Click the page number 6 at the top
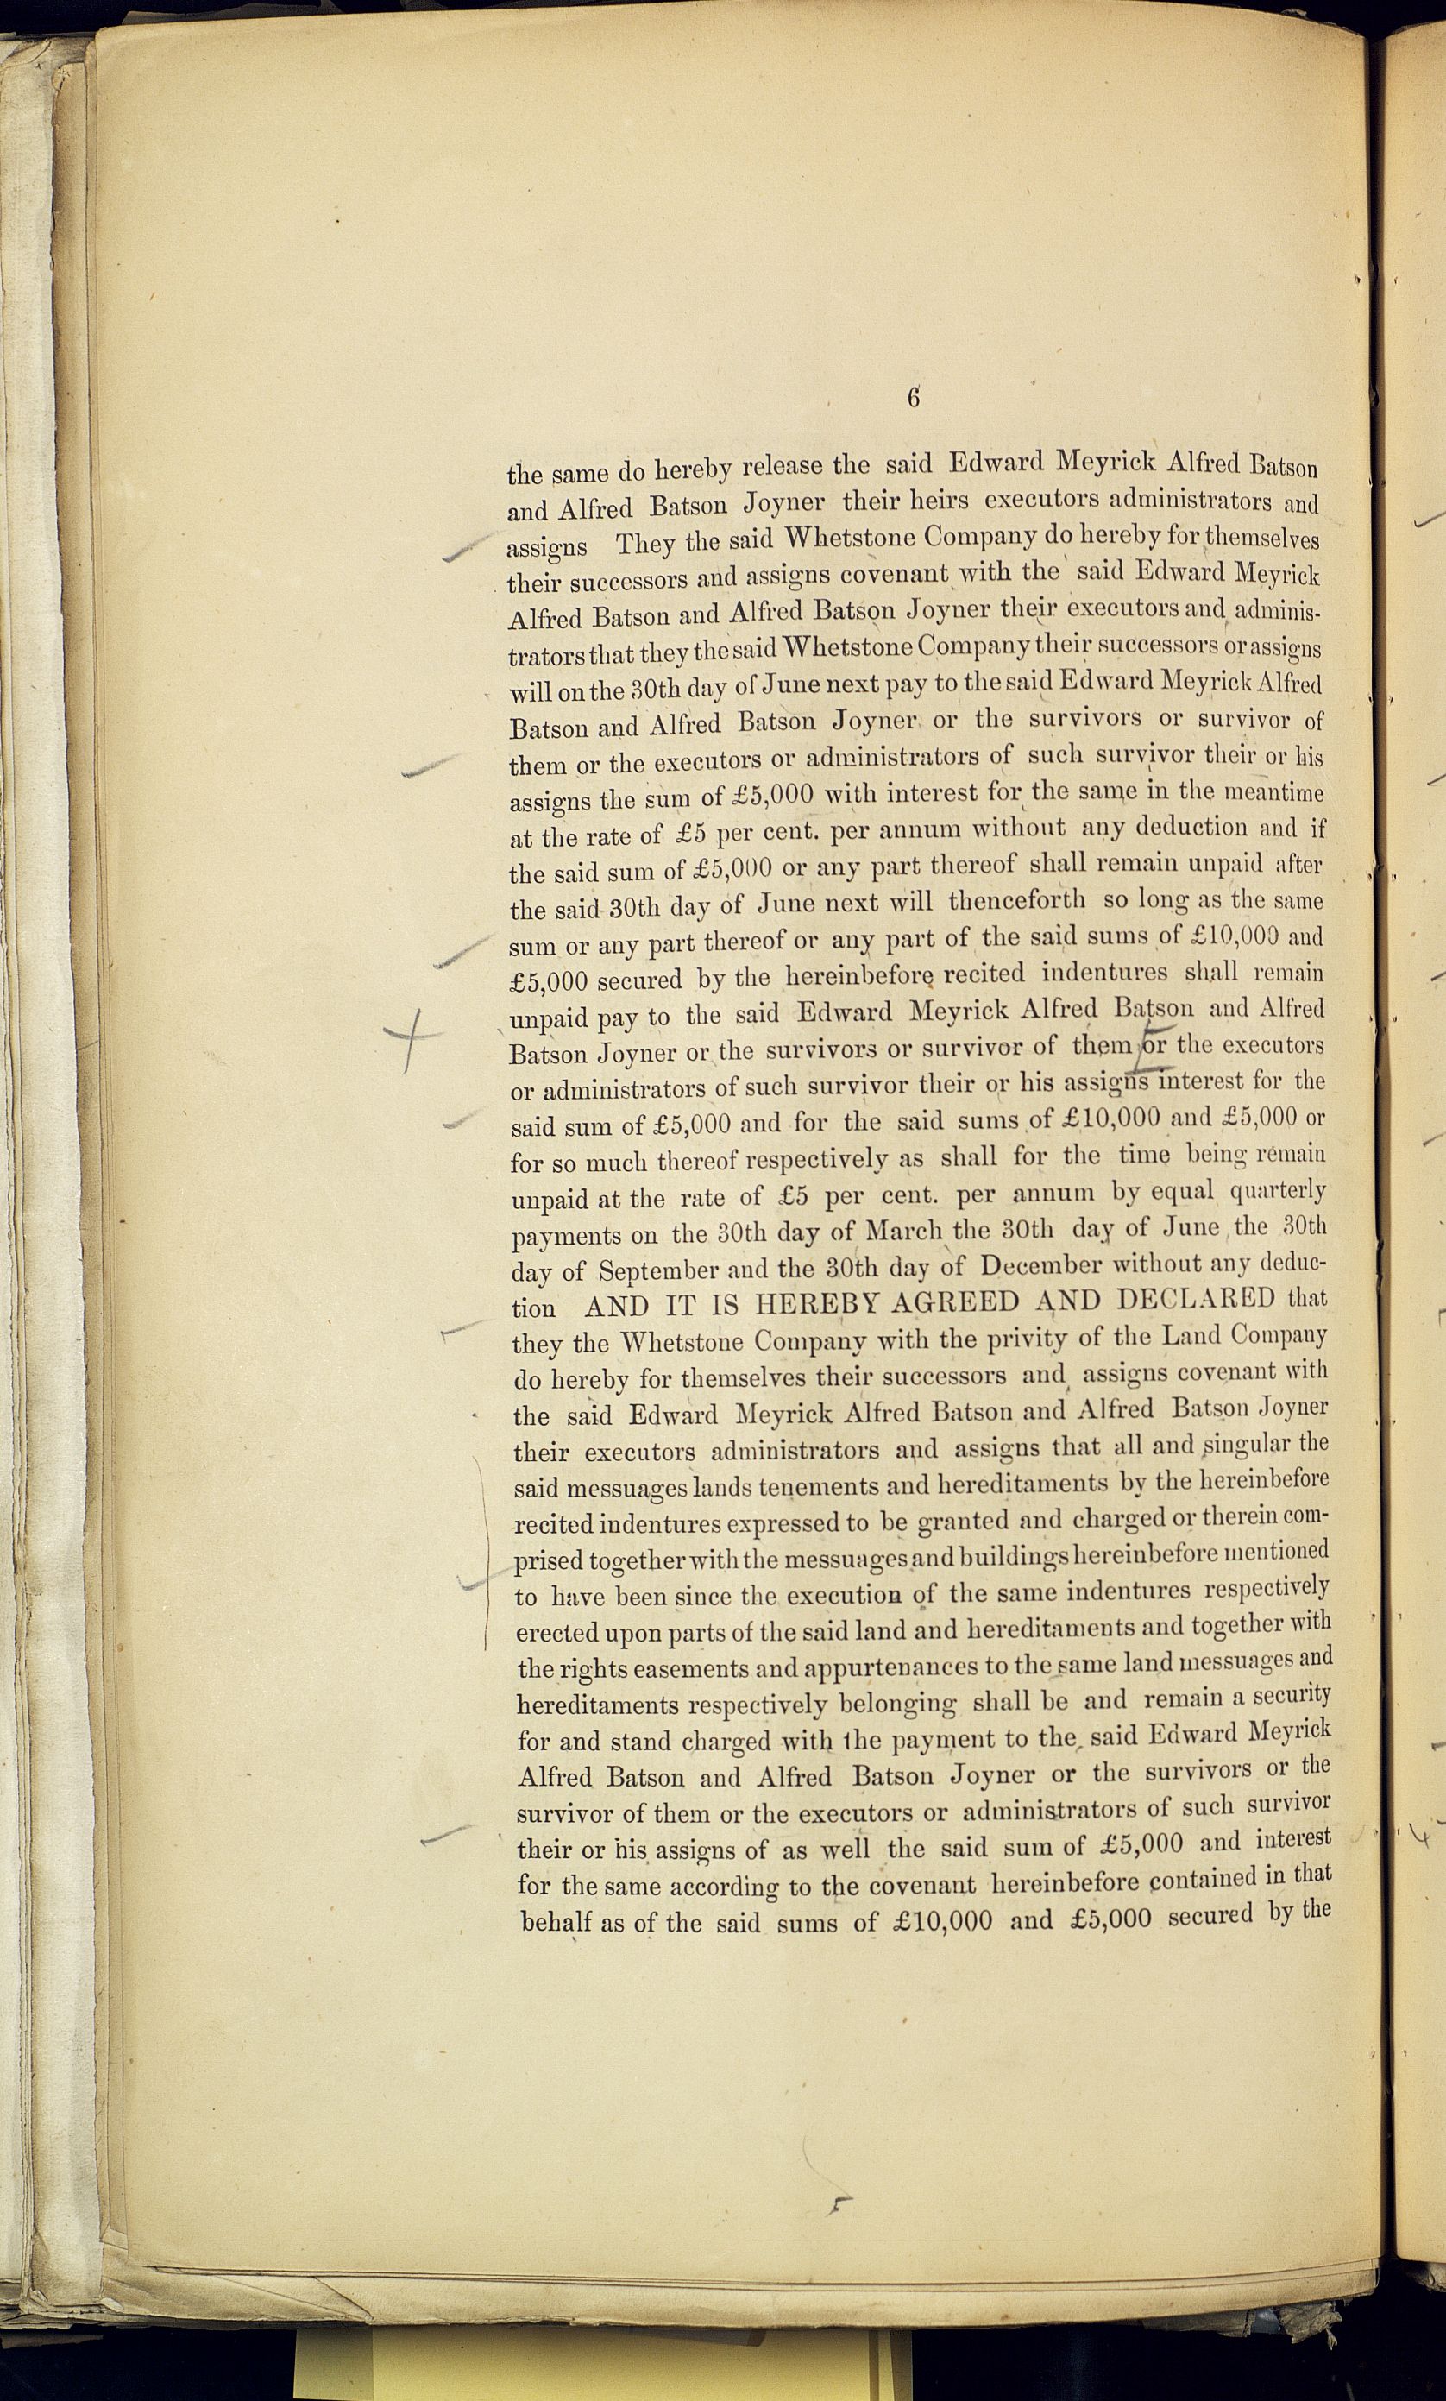913,398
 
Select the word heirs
934,501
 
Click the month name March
903,1231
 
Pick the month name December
1040,1266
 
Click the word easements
687,1669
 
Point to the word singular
1249,1444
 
